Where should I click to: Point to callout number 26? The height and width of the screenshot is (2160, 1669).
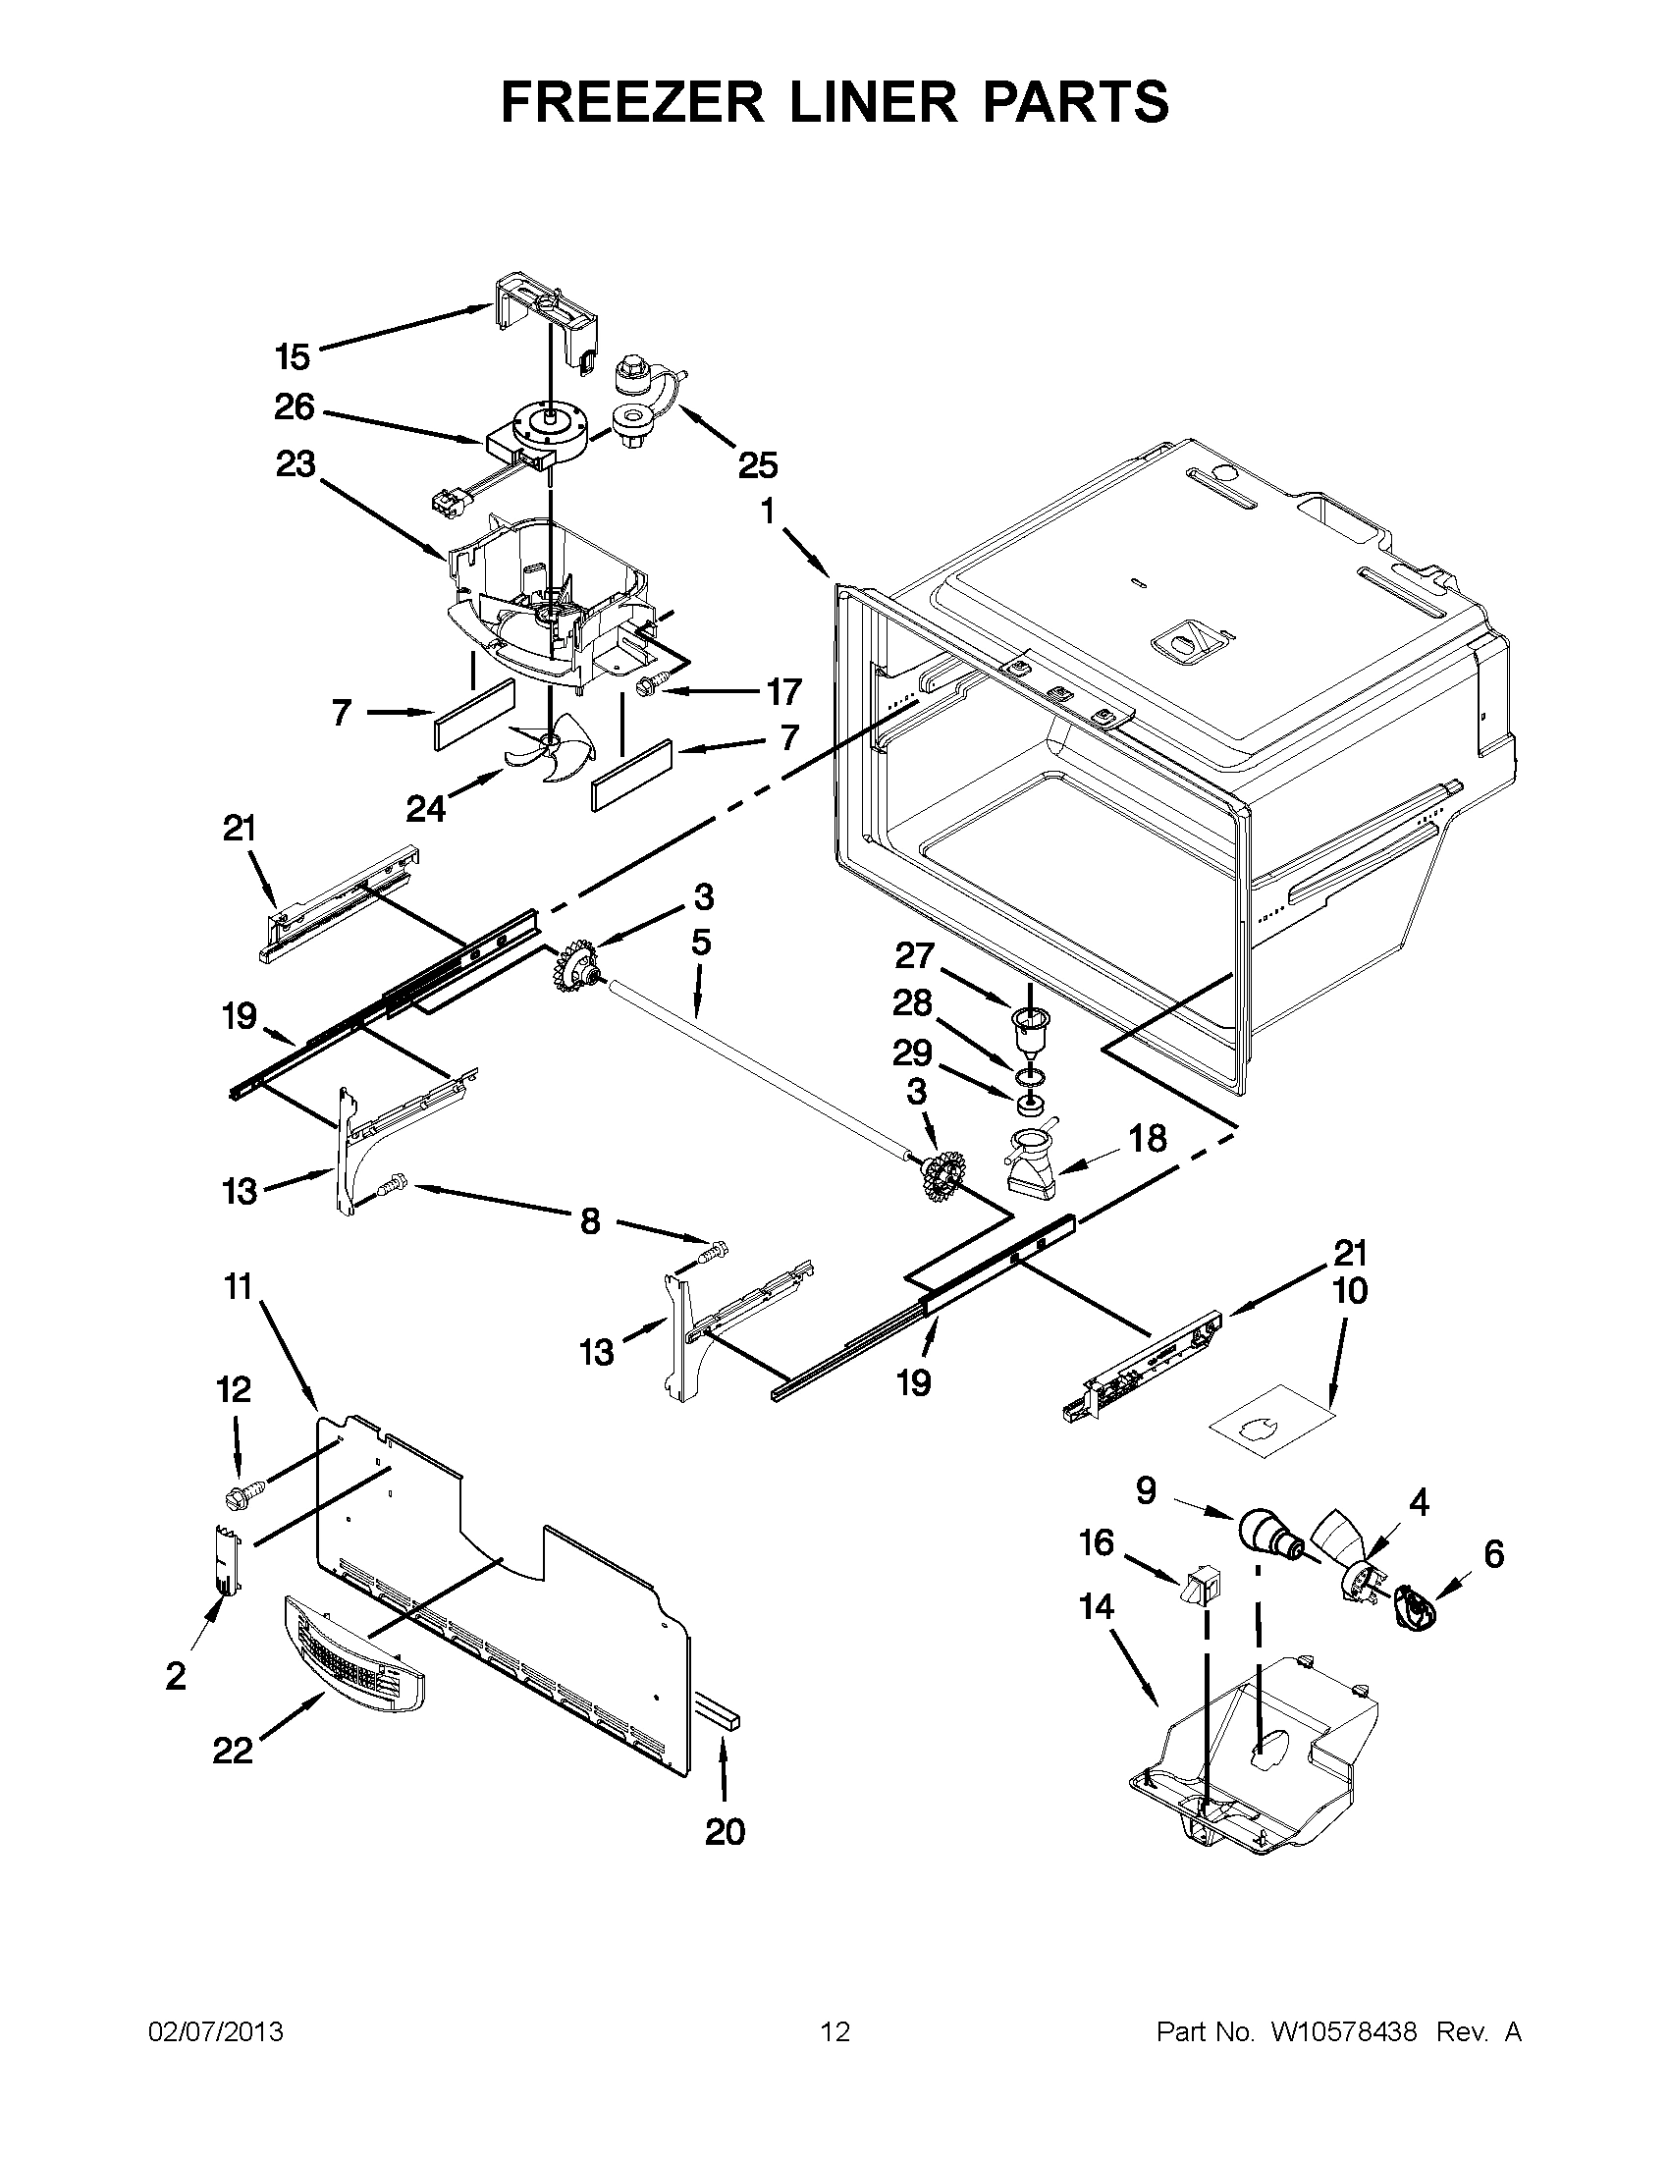coord(294,407)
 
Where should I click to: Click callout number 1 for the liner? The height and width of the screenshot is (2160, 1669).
coord(768,512)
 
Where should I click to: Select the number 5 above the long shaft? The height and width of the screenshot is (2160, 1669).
coord(700,943)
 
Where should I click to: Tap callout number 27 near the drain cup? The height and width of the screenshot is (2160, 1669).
coord(915,955)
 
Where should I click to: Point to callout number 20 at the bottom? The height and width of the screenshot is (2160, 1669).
coord(724,1833)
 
